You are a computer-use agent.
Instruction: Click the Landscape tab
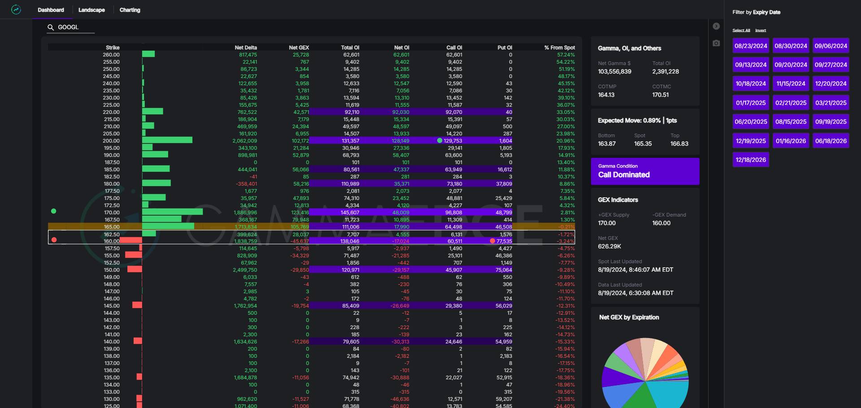91,10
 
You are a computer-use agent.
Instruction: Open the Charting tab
130,10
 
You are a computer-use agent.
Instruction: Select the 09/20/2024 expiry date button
791,65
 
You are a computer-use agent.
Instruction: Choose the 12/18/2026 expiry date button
751,160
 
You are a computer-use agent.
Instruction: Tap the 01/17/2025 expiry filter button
751,103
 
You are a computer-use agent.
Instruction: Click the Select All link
741,30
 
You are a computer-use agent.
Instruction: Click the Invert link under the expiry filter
761,30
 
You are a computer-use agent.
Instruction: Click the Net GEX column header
299,48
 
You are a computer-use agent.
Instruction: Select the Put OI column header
504,48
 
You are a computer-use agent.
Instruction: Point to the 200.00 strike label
111,141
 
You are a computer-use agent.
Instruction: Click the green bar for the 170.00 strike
172,212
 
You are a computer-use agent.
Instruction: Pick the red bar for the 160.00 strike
131,241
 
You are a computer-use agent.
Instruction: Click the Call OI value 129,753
452,141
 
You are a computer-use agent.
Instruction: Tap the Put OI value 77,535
504,241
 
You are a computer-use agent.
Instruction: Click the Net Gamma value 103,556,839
614,72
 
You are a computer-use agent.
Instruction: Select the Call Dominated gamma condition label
624,175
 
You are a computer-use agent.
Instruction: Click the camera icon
716,43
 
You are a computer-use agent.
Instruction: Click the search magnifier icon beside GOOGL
51,27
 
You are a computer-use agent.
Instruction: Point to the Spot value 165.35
643,144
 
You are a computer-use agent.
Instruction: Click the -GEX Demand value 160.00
661,223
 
